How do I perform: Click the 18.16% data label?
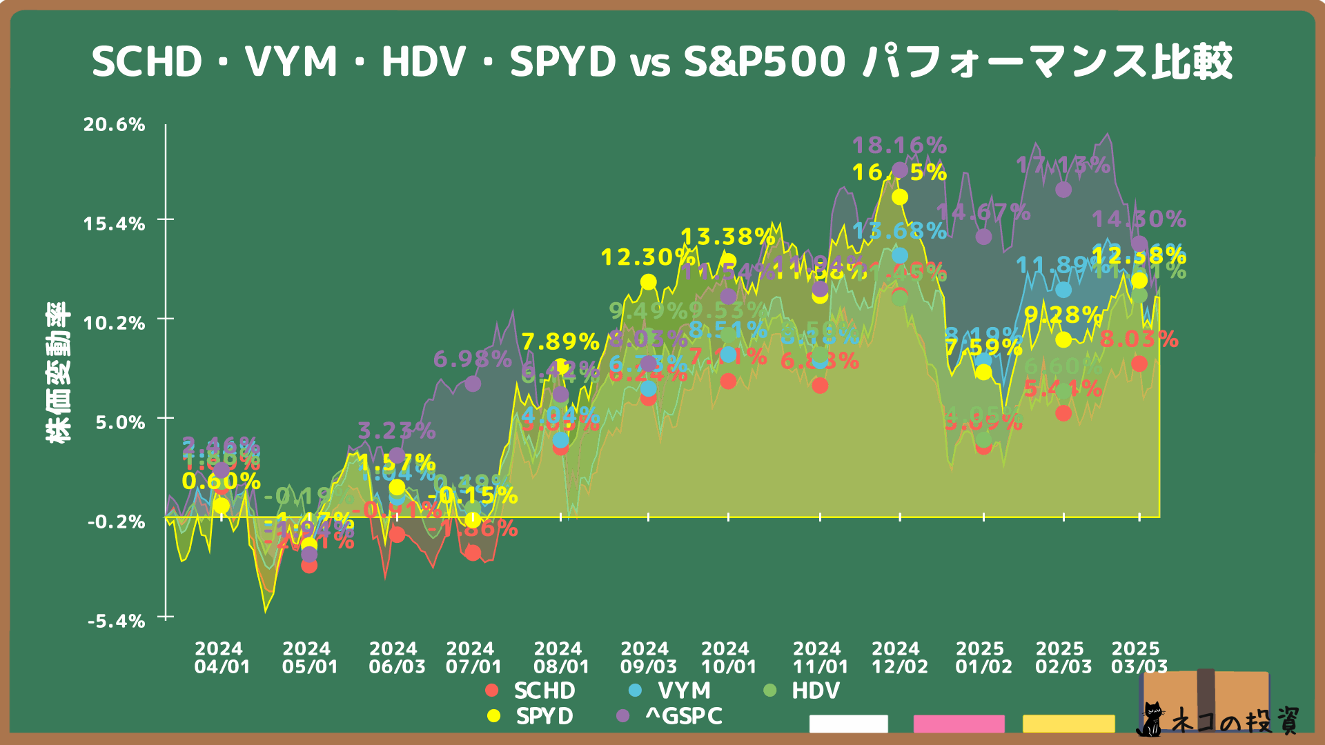click(899, 146)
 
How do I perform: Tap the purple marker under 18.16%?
click(900, 170)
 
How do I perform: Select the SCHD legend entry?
click(531, 691)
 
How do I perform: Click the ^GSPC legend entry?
click(670, 716)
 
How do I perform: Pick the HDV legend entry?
click(803, 691)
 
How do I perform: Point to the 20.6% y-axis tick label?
click(115, 125)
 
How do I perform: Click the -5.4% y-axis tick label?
click(117, 622)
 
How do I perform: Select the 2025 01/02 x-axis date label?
click(983, 657)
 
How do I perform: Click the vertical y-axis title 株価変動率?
click(58, 372)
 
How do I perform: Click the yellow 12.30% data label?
click(648, 257)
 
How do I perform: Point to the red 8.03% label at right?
click(1139, 339)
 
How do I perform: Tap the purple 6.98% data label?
click(473, 359)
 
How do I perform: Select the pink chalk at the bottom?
click(959, 724)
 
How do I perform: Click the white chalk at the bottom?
click(848, 724)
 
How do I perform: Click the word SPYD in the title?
click(562, 62)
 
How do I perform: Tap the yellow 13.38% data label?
click(728, 237)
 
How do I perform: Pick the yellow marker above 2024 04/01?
click(221, 506)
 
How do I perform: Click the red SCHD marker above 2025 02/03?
click(1063, 413)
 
